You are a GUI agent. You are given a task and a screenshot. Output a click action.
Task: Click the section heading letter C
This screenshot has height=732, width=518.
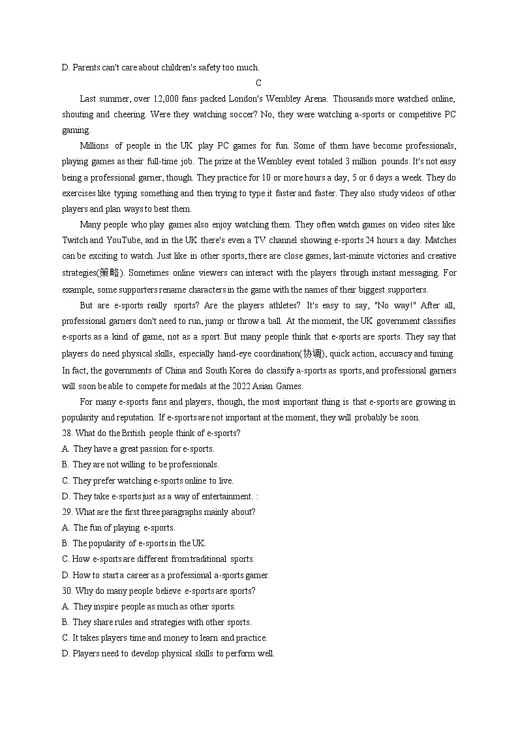pyautogui.click(x=258, y=83)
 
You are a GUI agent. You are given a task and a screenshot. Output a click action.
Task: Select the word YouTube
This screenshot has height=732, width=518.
pyautogui.click(x=126, y=241)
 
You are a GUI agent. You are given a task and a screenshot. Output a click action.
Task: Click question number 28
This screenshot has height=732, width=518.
pyautogui.click(x=67, y=433)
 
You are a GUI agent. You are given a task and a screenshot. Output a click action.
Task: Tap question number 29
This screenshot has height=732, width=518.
pyautogui.click(x=67, y=512)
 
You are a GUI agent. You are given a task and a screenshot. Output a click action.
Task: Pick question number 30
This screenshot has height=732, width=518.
pyautogui.click(x=67, y=591)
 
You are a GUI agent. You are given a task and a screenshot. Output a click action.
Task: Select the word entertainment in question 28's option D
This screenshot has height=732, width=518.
pyautogui.click(x=226, y=497)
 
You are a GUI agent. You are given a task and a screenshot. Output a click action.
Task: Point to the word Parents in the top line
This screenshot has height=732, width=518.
pyautogui.click(x=85, y=67)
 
